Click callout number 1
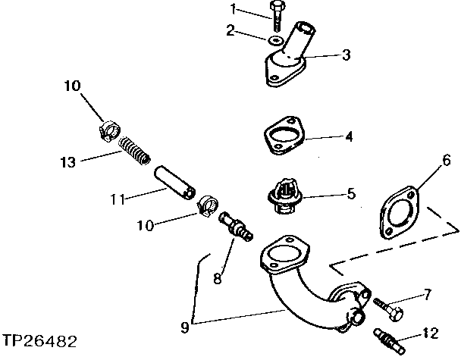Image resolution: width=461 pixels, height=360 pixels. pyautogui.click(x=234, y=9)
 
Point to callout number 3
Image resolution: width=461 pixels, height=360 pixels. pyautogui.click(x=347, y=55)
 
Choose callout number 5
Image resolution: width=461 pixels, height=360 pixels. pyautogui.click(x=351, y=194)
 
